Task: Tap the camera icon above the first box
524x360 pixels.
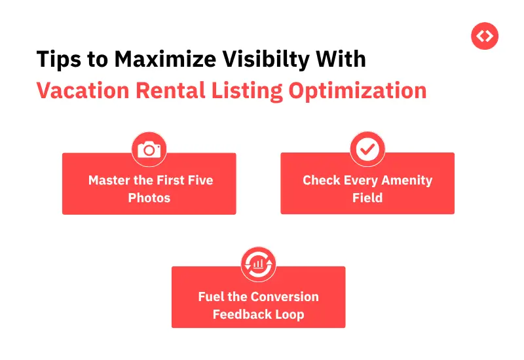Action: (149, 149)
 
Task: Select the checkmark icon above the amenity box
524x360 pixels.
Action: (367, 149)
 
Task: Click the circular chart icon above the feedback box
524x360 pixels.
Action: (258, 263)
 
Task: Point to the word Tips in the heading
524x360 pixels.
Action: (56, 59)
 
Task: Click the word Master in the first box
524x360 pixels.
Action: (109, 180)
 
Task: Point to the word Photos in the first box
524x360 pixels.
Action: (149, 197)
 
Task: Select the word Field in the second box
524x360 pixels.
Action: (367, 197)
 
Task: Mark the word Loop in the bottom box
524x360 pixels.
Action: (289, 314)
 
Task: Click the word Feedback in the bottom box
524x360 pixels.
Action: (240, 314)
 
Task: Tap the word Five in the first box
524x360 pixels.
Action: (199, 180)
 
